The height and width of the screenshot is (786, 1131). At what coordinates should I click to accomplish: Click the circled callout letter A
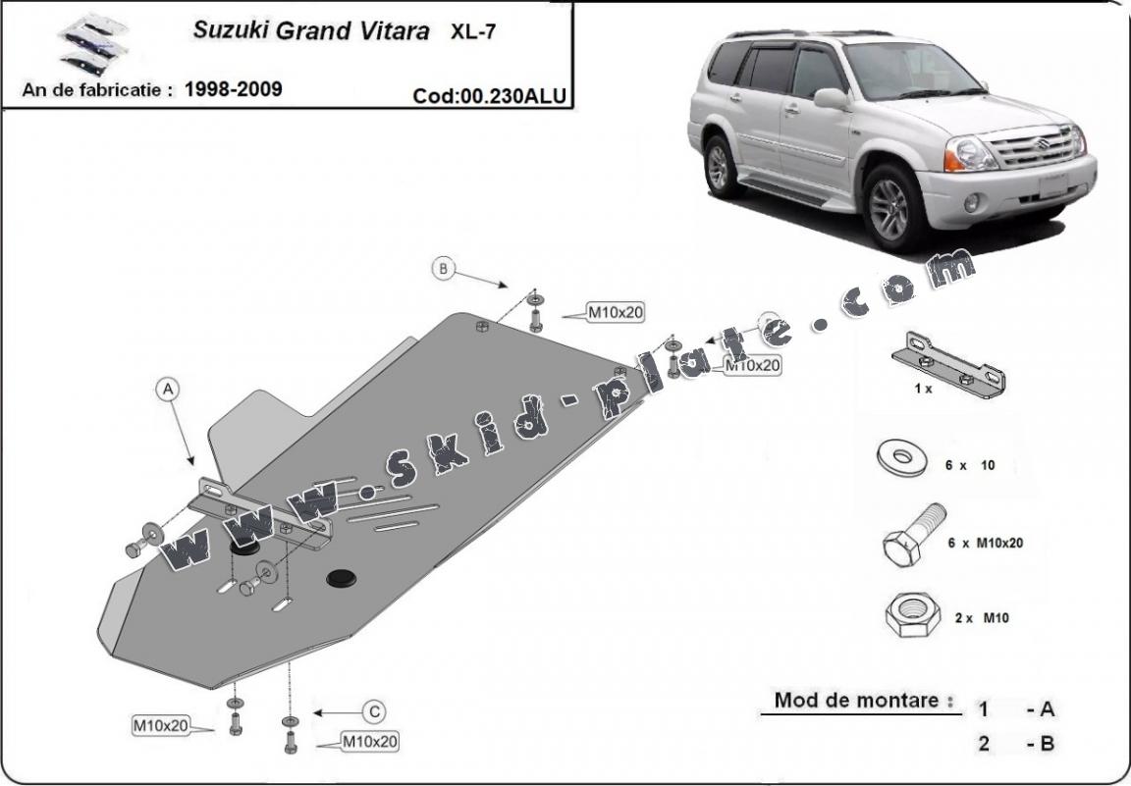(167, 390)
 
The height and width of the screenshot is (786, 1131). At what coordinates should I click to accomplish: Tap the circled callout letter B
(443, 269)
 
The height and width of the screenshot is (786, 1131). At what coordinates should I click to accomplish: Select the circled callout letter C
(374, 712)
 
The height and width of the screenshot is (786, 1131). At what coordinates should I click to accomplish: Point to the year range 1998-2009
(233, 89)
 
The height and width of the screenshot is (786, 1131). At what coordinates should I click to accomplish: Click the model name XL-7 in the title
(473, 31)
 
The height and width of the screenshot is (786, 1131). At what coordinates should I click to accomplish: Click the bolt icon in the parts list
(914, 535)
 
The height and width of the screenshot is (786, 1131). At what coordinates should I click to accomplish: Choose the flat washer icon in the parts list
(902, 458)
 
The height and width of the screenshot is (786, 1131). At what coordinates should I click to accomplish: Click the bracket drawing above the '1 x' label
(948, 365)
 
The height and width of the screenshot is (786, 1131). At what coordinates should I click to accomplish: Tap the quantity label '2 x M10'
(982, 618)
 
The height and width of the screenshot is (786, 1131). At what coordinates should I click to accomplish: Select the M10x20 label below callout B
(616, 313)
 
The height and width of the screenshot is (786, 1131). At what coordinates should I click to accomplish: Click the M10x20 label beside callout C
(369, 741)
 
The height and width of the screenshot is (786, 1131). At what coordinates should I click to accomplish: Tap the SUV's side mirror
(831, 99)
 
